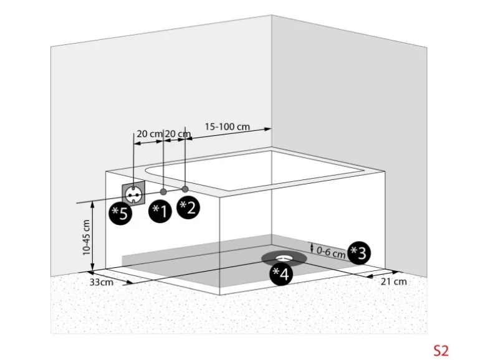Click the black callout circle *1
coord(160,211)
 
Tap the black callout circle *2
coord(188,207)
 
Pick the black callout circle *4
coord(281,274)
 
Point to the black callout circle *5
coord(120,214)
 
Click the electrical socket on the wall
coord(133,194)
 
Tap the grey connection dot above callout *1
coord(163,192)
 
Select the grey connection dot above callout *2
coord(185,189)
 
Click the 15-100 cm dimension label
coord(227,126)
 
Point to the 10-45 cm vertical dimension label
coord(86,238)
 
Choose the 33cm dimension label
coord(102,282)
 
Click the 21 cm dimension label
coord(394,282)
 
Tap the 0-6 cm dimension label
coord(331,253)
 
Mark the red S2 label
coord(441,351)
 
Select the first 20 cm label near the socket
coord(150,134)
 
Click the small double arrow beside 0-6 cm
coord(312,247)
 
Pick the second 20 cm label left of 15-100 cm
coord(178,134)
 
